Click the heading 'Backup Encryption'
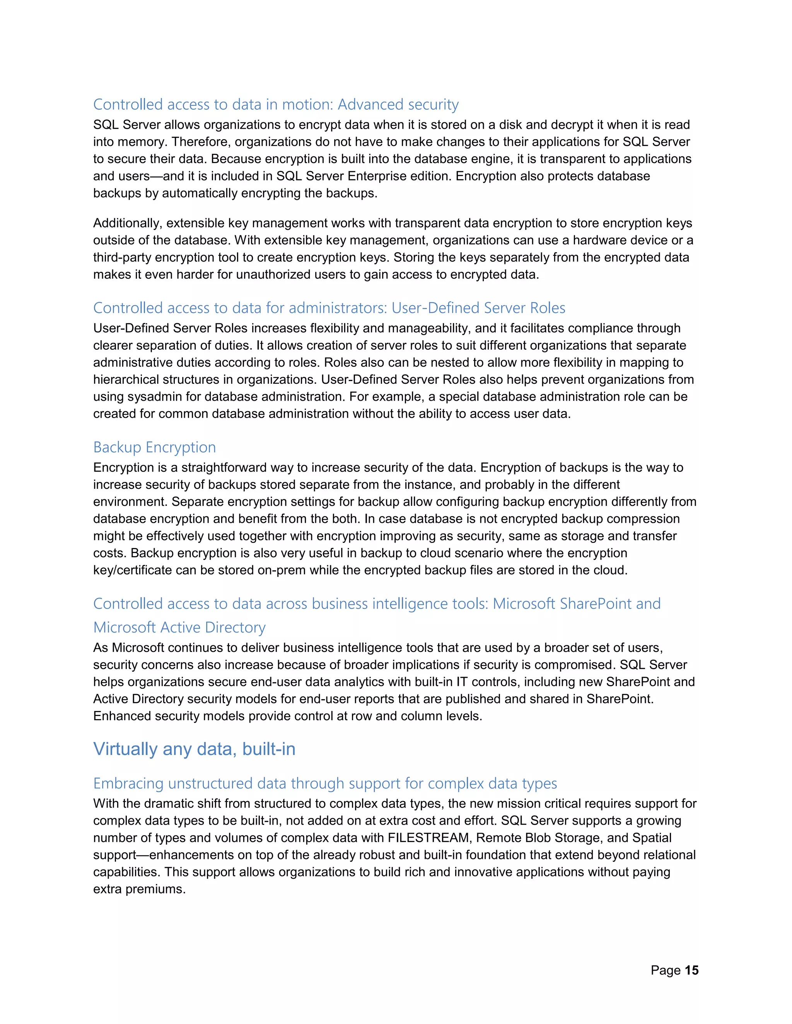(154, 447)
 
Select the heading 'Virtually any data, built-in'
(194, 749)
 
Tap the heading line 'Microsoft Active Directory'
(179, 627)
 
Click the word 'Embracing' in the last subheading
(128, 784)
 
